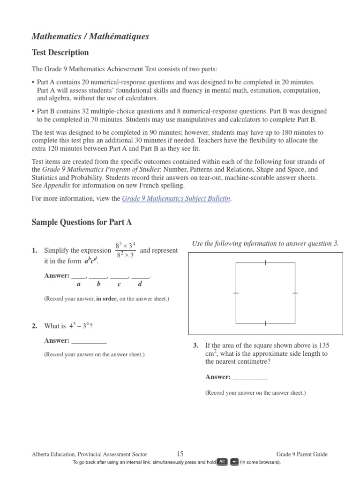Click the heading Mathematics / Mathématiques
point(90,36)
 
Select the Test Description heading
point(60,52)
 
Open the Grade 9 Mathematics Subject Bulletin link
point(176,198)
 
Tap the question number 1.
point(35,251)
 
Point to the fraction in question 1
point(125,250)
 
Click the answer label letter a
point(78,284)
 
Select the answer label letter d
point(140,284)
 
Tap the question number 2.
point(35,326)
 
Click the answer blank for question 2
point(89,340)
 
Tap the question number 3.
point(196,345)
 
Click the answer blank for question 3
point(250,377)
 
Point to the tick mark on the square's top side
point(265,262)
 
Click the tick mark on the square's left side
point(236,293)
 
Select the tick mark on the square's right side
point(295,293)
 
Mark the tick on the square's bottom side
point(265,323)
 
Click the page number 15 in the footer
point(180,454)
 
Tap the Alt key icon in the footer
point(222,462)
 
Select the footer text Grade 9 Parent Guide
point(302,454)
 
